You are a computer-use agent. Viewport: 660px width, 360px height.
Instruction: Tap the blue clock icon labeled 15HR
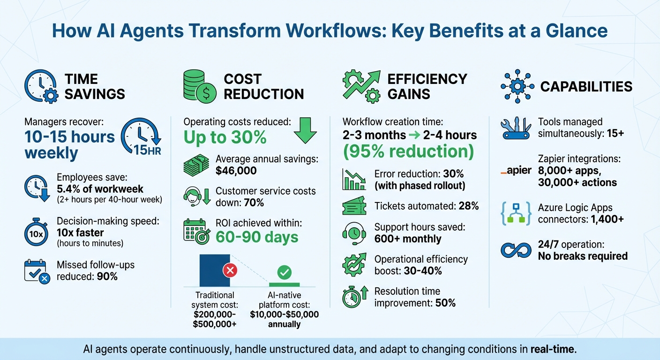tap(141, 135)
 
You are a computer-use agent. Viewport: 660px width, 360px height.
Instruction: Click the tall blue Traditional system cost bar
tap(215, 270)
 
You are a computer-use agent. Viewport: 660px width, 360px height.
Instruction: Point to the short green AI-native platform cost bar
tap(284, 284)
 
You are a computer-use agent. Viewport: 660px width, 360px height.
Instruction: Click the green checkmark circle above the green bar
tap(285, 271)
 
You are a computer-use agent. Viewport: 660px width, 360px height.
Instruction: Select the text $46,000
tap(236, 171)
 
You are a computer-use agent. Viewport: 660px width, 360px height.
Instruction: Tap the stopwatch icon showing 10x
tap(36, 233)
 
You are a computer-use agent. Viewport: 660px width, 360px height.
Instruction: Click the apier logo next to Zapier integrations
tap(516, 171)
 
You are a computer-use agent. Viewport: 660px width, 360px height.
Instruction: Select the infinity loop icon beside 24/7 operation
tap(516, 250)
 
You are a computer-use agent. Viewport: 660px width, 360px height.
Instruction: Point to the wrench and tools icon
tap(516, 127)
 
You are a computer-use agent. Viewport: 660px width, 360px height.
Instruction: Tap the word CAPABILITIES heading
tap(586, 87)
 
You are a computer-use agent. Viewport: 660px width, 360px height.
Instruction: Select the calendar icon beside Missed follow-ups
tap(36, 271)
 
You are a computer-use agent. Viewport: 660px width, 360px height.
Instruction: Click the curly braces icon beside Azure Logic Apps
tap(516, 214)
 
